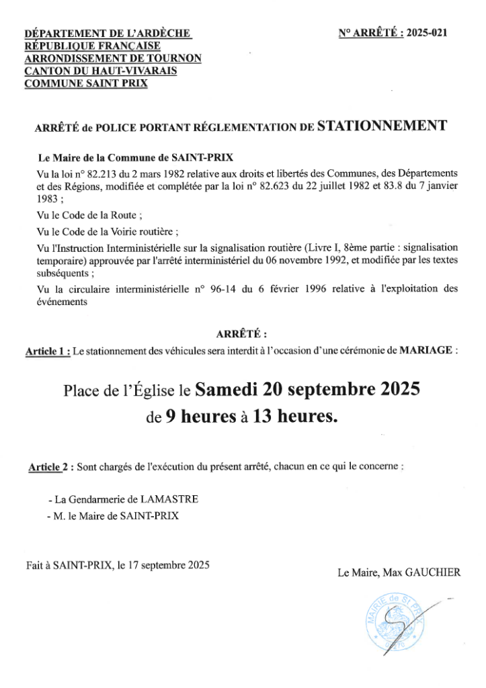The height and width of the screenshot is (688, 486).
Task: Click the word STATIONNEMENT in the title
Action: click(x=382, y=124)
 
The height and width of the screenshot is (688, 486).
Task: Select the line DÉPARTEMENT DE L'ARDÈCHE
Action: click(x=108, y=33)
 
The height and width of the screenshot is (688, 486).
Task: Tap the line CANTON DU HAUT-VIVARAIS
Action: click(x=101, y=71)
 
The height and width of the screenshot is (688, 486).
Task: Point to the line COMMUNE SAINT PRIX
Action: click(x=85, y=84)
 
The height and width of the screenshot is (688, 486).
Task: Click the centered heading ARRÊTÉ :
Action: click(x=242, y=333)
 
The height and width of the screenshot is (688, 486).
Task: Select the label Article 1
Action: click(x=48, y=351)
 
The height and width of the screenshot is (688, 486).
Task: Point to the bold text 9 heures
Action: click(x=198, y=417)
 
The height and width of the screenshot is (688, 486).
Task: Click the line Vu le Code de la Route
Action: click(x=91, y=216)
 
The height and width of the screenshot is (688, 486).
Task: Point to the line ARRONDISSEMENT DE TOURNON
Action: click(x=112, y=58)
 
